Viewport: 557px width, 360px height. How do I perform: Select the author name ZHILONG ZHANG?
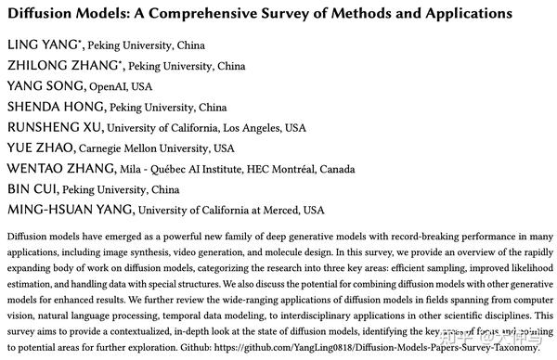[61, 66]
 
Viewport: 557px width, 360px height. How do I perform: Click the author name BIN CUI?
[34, 188]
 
